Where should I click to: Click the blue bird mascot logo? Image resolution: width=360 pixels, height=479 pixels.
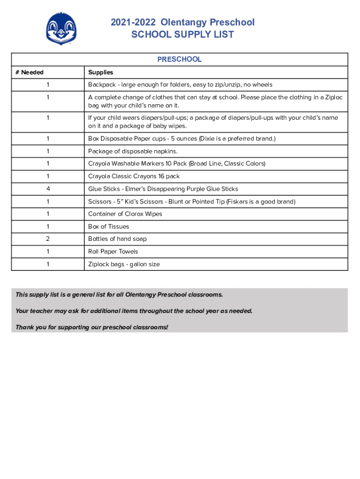[61, 29]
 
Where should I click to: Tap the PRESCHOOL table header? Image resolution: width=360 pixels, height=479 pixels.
[180, 59]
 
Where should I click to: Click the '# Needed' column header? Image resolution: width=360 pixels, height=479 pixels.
[29, 73]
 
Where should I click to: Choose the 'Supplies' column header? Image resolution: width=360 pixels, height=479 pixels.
[101, 73]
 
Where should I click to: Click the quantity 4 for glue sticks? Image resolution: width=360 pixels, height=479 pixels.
[48, 189]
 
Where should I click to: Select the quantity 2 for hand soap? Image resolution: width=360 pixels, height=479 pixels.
[48, 239]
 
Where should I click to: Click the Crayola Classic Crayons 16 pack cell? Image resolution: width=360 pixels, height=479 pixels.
[134, 176]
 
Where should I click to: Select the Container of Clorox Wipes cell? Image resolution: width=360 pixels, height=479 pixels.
[125, 214]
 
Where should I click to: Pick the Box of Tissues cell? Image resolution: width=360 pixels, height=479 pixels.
[108, 226]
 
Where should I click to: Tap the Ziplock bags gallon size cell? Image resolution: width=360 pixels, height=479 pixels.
[124, 264]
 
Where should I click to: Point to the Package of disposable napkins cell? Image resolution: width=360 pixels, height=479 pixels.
[133, 152]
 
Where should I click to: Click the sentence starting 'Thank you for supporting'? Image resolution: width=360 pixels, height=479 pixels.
[92, 327]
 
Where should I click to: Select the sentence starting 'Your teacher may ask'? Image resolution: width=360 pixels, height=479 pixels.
[134, 311]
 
